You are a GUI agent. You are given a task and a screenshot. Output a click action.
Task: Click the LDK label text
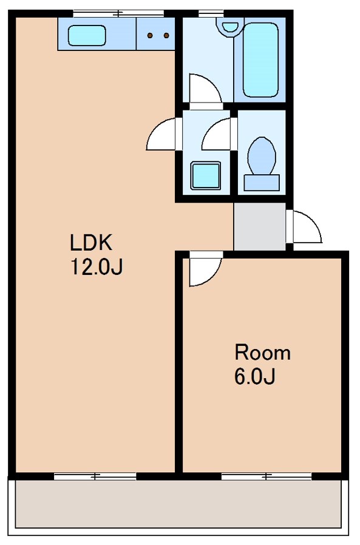tap(91, 243)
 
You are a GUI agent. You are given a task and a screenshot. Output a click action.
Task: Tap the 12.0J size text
tap(97, 267)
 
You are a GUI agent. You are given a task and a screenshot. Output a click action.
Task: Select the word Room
tap(263, 353)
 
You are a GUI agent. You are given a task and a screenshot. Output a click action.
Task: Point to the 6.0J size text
tap(255, 376)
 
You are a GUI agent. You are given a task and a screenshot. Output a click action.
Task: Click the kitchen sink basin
tap(87, 35)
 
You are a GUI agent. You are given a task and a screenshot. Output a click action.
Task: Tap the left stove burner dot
tap(151, 35)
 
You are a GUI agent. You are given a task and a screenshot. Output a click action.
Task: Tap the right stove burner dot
tap(166, 35)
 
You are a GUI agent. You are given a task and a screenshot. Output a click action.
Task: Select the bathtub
tap(260, 59)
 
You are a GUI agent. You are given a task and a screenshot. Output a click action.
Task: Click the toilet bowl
tap(262, 156)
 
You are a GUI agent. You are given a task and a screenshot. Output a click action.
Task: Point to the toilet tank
tap(262, 183)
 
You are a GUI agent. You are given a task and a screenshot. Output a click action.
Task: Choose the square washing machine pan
tap(206, 175)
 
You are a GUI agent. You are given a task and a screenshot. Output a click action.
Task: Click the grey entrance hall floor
tap(259, 226)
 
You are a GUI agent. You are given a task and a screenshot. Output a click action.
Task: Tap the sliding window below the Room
tap(267, 476)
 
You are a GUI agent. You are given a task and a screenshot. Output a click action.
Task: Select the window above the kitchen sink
tap(118, 13)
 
